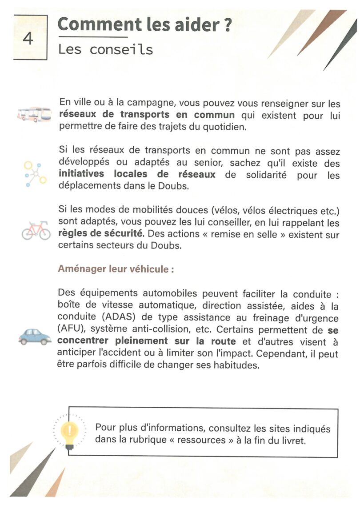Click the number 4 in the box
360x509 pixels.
28,38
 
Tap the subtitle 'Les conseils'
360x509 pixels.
105,49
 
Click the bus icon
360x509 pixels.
34,115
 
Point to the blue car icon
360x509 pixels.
35,337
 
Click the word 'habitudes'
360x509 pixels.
236,366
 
